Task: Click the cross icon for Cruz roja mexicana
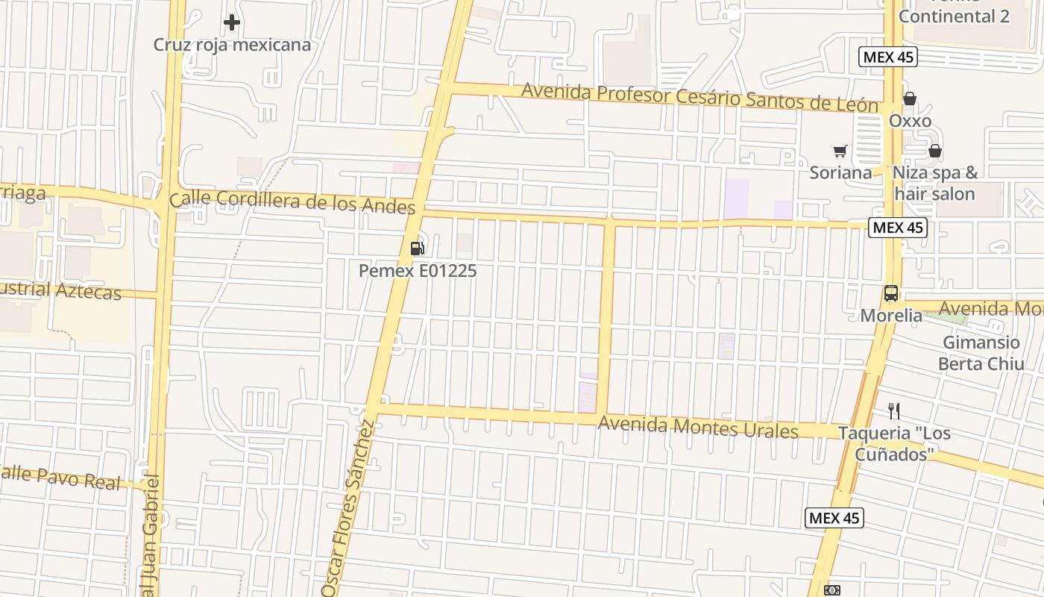pyautogui.click(x=232, y=22)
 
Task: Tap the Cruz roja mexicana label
pyautogui.click(x=232, y=45)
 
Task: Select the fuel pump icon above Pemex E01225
pyautogui.click(x=418, y=249)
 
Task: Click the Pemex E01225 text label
pyautogui.click(x=418, y=271)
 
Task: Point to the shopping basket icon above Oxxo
pyautogui.click(x=910, y=99)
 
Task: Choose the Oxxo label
pyautogui.click(x=910, y=121)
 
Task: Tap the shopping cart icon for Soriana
pyautogui.click(x=840, y=151)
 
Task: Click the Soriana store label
pyautogui.click(x=840, y=173)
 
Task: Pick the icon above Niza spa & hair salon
pyautogui.click(x=935, y=151)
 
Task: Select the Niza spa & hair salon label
pyautogui.click(x=935, y=184)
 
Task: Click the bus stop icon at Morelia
pyautogui.click(x=891, y=293)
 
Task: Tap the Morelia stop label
pyautogui.click(x=891, y=316)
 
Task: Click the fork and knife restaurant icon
pyautogui.click(x=894, y=410)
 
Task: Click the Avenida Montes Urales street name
pyautogui.click(x=698, y=428)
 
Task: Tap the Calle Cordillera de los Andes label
pyautogui.click(x=292, y=201)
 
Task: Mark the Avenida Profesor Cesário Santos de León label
pyautogui.click(x=699, y=97)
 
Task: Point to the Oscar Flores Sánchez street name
pyautogui.click(x=349, y=507)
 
